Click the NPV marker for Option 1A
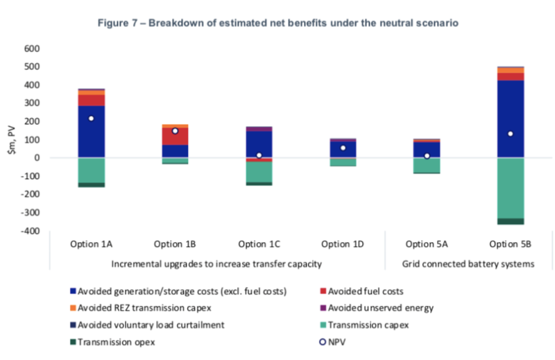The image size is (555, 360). point(92,118)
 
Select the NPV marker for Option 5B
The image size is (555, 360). point(511,134)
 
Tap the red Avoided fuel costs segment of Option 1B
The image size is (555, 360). point(175,136)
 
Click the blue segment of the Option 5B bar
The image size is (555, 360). point(511,119)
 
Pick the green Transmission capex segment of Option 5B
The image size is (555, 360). point(511,188)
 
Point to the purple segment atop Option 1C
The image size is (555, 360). point(259,129)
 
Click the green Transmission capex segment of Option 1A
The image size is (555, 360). point(92,170)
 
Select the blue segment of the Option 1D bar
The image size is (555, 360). point(343,149)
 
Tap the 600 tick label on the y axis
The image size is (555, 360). point(32,49)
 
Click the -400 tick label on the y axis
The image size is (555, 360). point(30,231)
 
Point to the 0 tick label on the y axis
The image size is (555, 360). point(37,158)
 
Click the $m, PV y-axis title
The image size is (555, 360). point(12,140)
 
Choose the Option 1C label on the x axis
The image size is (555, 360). point(259,244)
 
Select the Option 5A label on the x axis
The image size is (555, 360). point(427,244)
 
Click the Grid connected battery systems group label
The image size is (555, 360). point(468,264)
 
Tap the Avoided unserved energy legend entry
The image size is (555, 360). point(377,308)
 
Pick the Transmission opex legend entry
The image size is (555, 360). point(112,342)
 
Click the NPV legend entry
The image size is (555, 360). point(332,342)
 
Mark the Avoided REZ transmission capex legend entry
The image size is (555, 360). point(141,308)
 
